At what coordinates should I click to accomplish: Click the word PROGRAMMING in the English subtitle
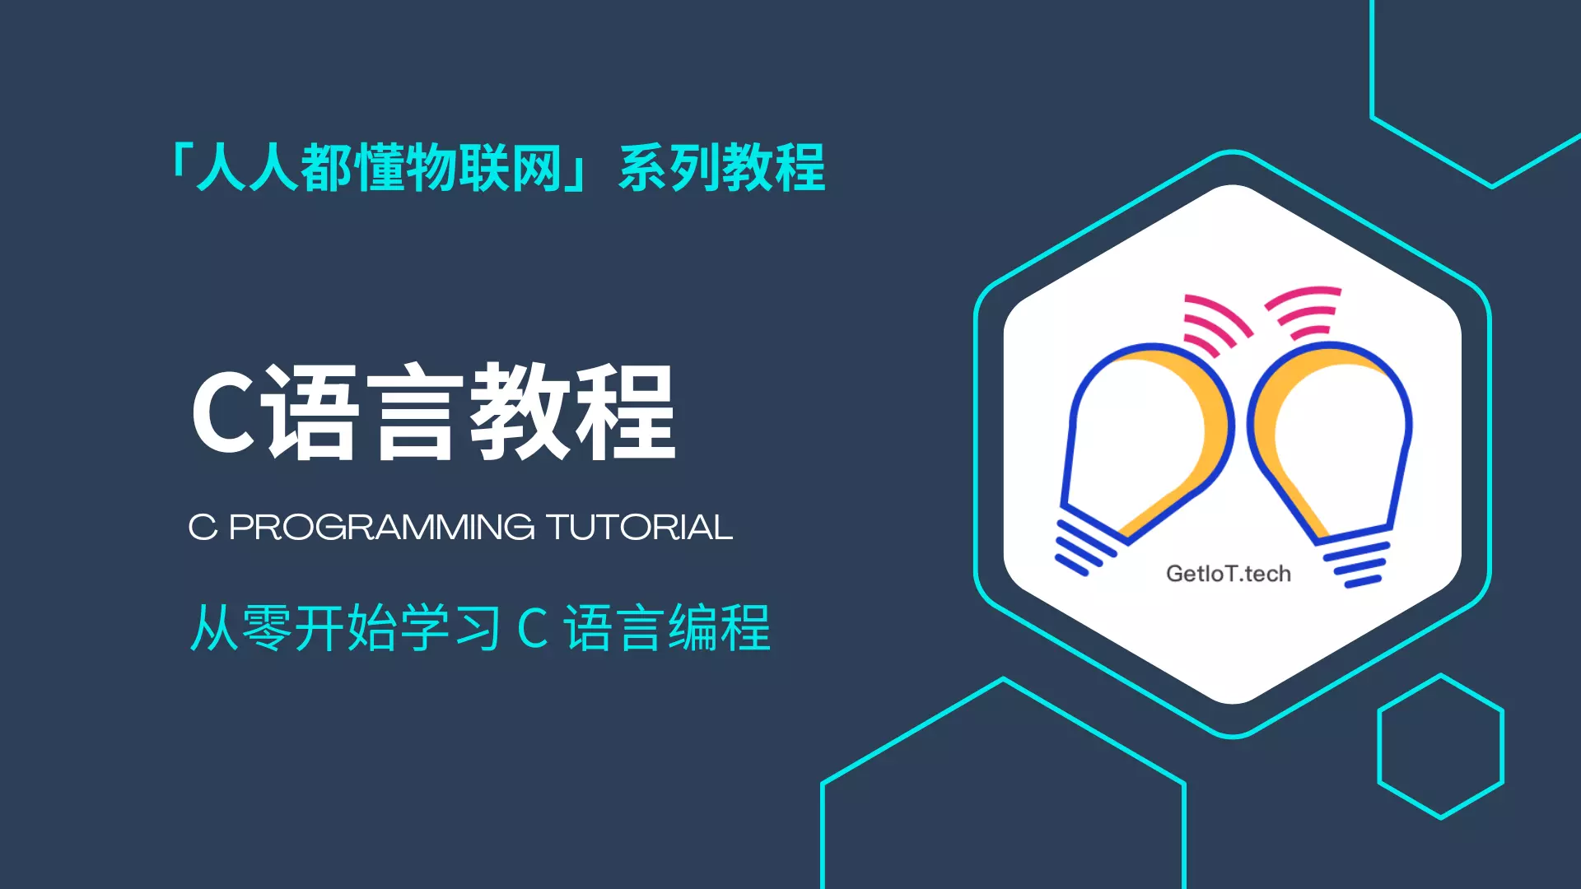tap(381, 528)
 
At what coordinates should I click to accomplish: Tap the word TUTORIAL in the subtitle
tap(639, 528)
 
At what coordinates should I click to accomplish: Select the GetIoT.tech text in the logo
tap(1228, 574)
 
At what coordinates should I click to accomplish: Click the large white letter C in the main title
tap(223, 412)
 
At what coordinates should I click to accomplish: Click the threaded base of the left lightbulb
tap(1085, 547)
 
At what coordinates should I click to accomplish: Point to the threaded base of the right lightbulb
tap(1357, 565)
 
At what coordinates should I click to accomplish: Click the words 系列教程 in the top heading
tap(722, 168)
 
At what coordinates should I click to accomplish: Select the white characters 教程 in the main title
tap(572, 412)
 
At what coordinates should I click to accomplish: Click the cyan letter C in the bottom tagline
tap(533, 629)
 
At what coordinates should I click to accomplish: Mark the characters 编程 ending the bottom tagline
tap(719, 628)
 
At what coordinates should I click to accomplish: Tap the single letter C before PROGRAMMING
tap(203, 528)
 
